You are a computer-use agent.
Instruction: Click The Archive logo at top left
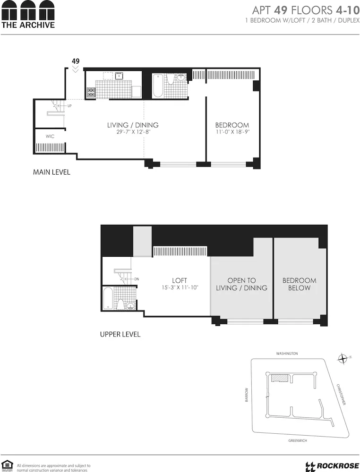tap(28, 15)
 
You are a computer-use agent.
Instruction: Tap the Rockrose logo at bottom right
tap(333, 466)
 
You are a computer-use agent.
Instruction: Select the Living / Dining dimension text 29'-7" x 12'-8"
tap(133, 132)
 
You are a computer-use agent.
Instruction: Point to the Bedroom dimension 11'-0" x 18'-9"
tap(232, 132)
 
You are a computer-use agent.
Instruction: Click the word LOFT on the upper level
tap(179, 280)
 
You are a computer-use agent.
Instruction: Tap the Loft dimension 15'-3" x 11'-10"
tap(179, 287)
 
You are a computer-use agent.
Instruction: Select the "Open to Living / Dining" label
tap(241, 284)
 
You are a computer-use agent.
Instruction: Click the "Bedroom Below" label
tap(299, 284)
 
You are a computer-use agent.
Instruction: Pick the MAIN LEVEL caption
tap(51, 172)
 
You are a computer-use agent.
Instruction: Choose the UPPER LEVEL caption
tap(120, 334)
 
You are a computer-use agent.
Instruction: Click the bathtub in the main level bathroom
tap(158, 85)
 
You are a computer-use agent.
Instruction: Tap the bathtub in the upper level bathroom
tap(109, 298)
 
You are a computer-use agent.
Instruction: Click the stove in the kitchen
tap(90, 93)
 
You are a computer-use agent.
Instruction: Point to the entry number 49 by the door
tap(75, 61)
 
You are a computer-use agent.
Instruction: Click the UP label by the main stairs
tap(69, 106)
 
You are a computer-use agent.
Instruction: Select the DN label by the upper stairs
tap(137, 279)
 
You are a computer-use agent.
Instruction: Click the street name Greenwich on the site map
tap(298, 440)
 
